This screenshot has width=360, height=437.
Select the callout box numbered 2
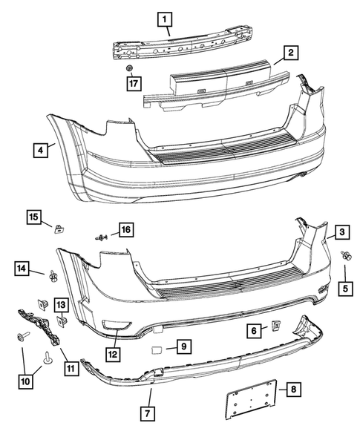pos(291,53)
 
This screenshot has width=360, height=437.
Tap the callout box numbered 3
pos(341,232)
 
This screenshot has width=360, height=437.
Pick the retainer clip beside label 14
pos(53,277)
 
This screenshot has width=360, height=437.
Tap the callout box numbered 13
pos(60,304)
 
